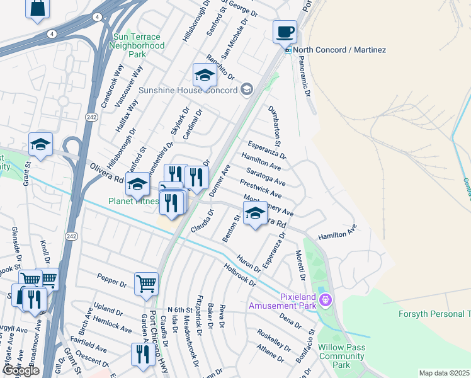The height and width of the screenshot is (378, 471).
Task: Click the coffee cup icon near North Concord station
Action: (285, 31)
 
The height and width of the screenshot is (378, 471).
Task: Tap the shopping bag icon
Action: (38, 9)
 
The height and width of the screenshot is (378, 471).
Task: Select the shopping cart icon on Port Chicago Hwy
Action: (146, 283)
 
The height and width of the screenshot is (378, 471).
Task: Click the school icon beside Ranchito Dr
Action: (205, 76)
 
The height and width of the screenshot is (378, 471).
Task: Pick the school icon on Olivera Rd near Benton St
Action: (255, 213)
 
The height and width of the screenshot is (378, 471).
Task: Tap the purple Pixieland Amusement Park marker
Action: (326, 300)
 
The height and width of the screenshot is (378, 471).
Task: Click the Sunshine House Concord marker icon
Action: (246, 90)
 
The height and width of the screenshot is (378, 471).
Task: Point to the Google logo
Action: (21, 370)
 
